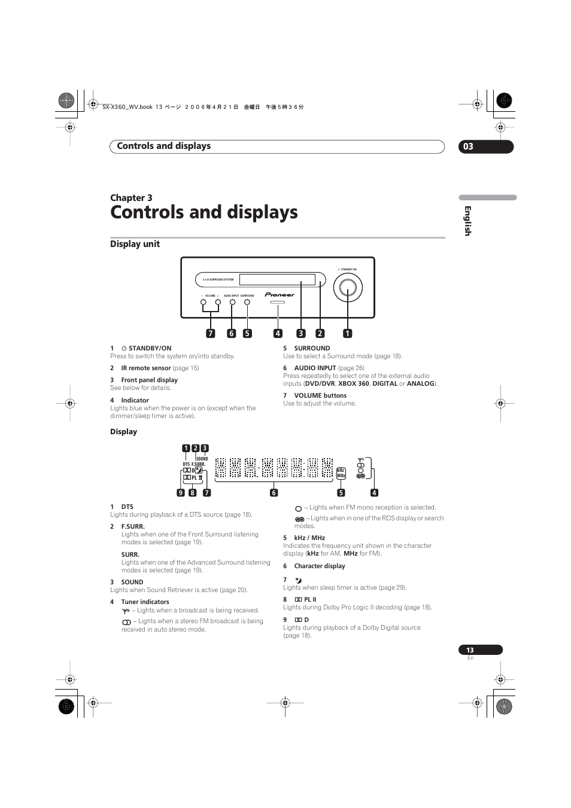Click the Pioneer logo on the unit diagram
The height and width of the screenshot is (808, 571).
(280, 295)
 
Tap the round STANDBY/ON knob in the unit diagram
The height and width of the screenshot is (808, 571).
(348, 289)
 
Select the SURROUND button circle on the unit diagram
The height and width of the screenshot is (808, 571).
(247, 303)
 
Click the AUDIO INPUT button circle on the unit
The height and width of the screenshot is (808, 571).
(232, 303)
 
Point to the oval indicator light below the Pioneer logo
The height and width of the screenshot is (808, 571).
(278, 303)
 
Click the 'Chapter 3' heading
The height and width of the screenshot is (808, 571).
(131, 198)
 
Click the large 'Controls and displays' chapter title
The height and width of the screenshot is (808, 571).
(204, 212)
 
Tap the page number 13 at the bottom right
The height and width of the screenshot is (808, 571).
(470, 650)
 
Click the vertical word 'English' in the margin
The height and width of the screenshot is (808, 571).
(468, 221)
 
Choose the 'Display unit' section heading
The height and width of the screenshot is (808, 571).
(135, 244)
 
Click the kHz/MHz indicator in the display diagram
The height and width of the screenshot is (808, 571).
(341, 473)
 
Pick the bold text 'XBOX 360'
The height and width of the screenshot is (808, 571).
(353, 383)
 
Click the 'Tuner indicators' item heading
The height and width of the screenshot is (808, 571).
(145, 602)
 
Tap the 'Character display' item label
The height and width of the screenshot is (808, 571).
(320, 566)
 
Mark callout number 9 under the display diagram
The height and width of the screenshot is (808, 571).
(180, 493)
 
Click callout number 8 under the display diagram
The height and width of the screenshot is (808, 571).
(192, 493)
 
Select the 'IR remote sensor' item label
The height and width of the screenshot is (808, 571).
(146, 368)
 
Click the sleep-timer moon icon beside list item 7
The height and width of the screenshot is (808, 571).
(299, 580)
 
